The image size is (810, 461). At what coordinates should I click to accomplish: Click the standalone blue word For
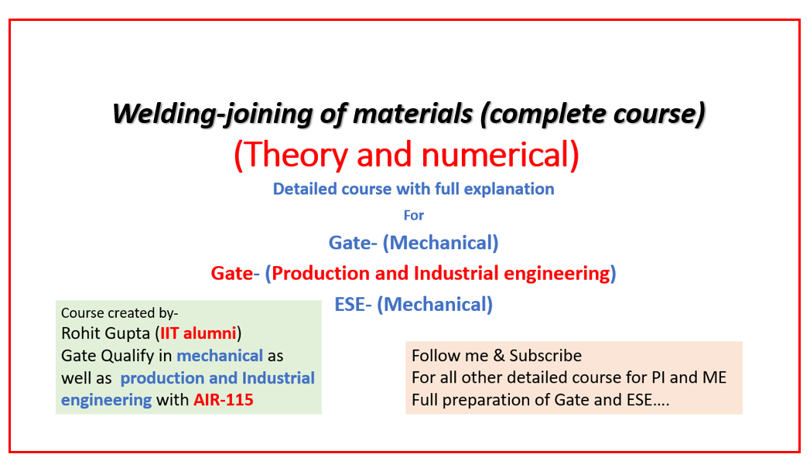pyautogui.click(x=414, y=215)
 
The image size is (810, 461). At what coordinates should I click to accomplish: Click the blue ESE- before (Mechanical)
pyautogui.click(x=354, y=304)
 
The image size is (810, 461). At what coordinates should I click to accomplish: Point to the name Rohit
pyautogui.click(x=82, y=333)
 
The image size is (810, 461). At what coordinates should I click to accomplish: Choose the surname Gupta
pyautogui.click(x=128, y=333)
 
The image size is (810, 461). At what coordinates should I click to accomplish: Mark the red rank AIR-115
pyautogui.click(x=224, y=400)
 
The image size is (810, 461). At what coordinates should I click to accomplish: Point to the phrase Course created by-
pyautogui.click(x=120, y=313)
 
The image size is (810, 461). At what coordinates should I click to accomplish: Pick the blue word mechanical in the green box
pyautogui.click(x=220, y=356)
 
